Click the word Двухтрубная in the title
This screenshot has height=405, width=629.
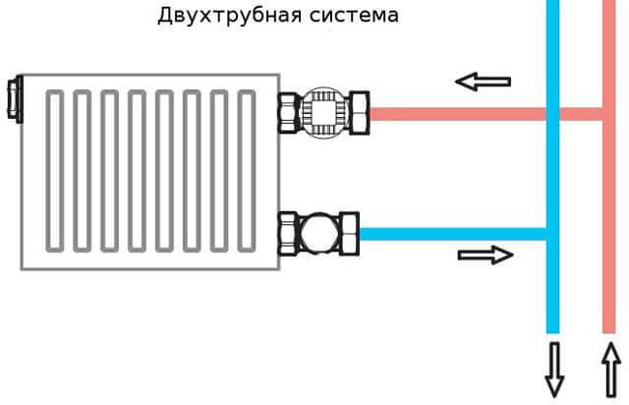213,17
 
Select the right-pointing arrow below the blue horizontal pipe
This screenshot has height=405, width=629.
486,256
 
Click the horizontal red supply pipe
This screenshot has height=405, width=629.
452,113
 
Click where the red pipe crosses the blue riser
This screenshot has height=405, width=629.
553,113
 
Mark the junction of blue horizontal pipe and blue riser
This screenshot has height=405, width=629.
552,234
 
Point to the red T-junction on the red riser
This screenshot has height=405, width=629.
608,113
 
